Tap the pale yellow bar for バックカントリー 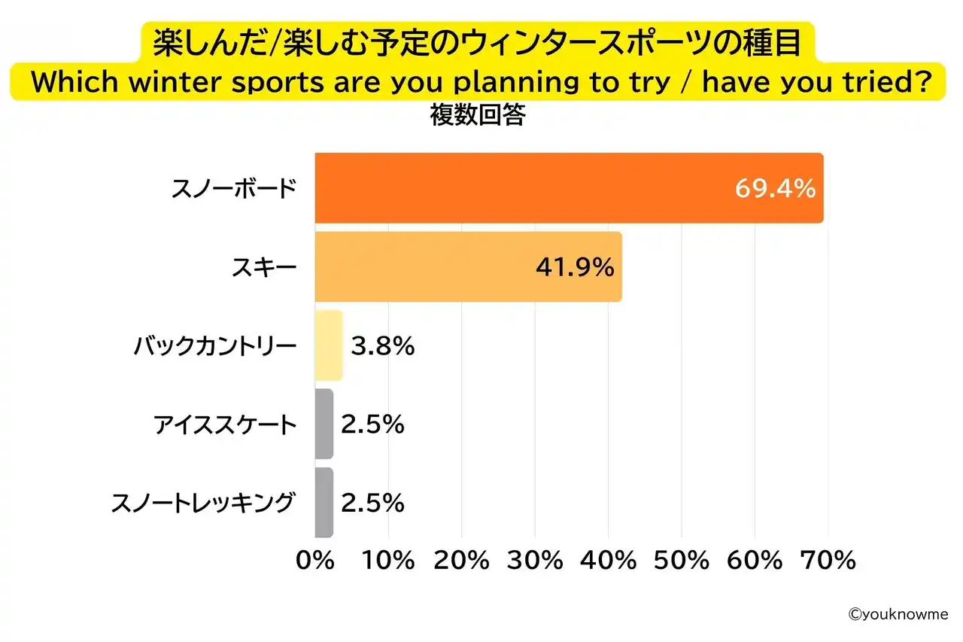329,345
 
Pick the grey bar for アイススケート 324,424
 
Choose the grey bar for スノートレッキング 324,503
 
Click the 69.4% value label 775,188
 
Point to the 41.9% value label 575,267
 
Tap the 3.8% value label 382,346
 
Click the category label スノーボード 234,189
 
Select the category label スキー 266,268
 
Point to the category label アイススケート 226,425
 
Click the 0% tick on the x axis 316,561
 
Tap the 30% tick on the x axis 536,561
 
